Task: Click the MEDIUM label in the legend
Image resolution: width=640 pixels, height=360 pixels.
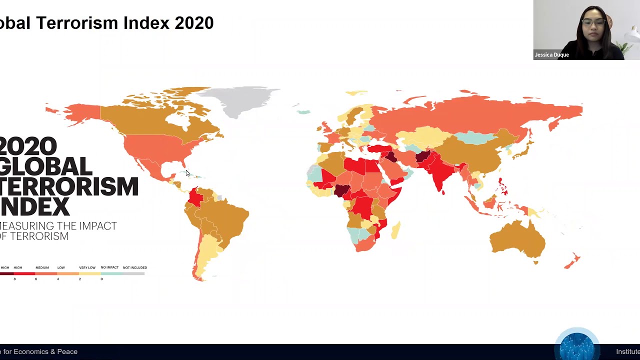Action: click(42, 267)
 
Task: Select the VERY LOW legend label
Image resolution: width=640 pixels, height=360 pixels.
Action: click(87, 267)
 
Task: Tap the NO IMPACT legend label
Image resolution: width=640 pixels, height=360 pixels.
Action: click(109, 267)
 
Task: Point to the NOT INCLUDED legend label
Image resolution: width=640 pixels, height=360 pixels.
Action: click(135, 267)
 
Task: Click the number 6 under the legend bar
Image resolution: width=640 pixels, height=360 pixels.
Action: click(36, 279)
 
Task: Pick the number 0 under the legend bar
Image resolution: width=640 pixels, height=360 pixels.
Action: click(101, 279)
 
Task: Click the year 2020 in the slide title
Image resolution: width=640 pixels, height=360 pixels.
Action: click(194, 23)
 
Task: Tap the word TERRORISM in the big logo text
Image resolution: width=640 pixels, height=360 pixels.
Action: click(70, 186)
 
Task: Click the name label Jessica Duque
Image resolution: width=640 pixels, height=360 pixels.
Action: click(551, 55)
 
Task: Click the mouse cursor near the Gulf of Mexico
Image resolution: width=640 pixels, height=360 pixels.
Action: click(187, 173)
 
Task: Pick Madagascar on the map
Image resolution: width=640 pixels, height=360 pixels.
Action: click(395, 230)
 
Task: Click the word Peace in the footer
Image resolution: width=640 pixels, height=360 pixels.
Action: click(67, 351)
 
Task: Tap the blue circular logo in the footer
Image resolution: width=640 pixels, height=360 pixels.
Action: click(577, 345)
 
